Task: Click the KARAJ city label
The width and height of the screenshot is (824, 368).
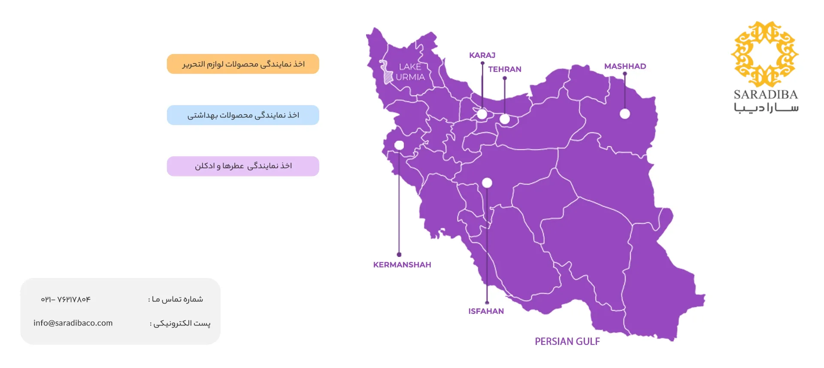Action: click(482, 55)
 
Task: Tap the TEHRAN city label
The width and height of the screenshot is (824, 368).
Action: click(504, 69)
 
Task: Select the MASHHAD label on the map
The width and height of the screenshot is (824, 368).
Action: click(625, 66)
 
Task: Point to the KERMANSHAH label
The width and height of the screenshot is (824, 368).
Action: click(402, 265)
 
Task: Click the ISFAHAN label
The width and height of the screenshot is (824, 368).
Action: click(486, 311)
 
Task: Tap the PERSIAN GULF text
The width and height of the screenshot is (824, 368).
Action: click(567, 341)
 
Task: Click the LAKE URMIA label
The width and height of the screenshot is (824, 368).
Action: click(410, 72)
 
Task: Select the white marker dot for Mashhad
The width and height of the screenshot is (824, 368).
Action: click(625, 114)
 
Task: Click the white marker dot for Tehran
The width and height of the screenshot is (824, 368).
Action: click(505, 119)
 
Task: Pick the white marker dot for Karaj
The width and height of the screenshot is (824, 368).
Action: click(482, 114)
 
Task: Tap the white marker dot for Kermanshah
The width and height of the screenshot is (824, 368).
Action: click(399, 145)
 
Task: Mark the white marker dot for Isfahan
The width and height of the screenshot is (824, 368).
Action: click(487, 183)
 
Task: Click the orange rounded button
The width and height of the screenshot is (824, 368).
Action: click(243, 64)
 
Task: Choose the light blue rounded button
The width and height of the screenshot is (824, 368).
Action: click(243, 115)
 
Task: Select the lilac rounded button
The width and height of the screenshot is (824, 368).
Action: click(243, 166)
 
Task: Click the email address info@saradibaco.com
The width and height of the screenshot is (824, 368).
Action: click(73, 323)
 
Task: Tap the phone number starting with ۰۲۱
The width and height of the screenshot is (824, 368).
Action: click(66, 299)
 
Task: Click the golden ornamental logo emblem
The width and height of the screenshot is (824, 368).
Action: click(765, 54)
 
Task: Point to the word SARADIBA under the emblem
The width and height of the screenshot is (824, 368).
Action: click(765, 94)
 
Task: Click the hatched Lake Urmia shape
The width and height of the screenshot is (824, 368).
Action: click(388, 76)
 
